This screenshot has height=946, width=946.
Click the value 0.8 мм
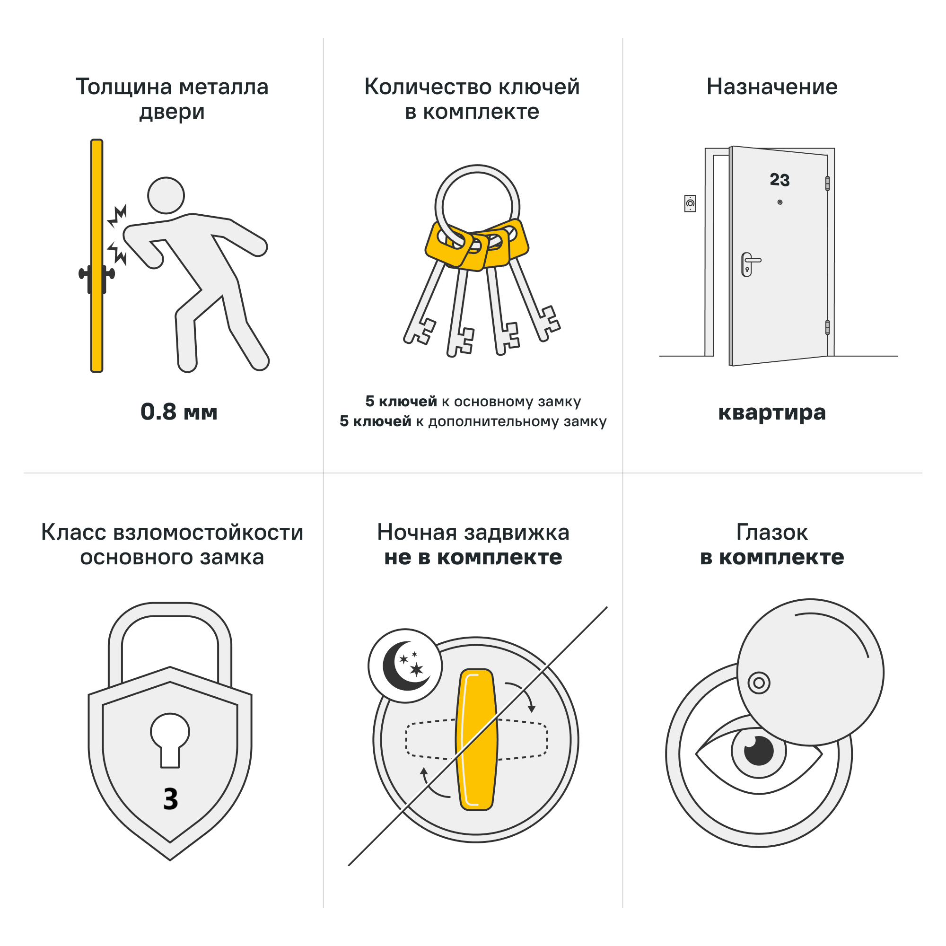click(179, 412)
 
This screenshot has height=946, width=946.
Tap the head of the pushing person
click(166, 195)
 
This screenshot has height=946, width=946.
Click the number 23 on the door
click(780, 180)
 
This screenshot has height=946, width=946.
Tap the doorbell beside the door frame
click(690, 203)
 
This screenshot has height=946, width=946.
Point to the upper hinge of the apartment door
click(827, 183)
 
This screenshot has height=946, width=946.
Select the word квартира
click(771, 412)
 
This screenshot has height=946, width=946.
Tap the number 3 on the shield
click(170, 798)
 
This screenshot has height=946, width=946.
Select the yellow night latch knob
click(476, 739)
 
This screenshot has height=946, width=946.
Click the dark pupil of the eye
click(759, 751)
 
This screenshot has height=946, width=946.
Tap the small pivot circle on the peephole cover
click(759, 683)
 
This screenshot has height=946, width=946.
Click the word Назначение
click(771, 87)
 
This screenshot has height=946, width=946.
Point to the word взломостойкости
click(208, 533)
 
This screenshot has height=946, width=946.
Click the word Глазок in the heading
click(771, 533)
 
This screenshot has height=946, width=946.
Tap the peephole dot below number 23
click(780, 202)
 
